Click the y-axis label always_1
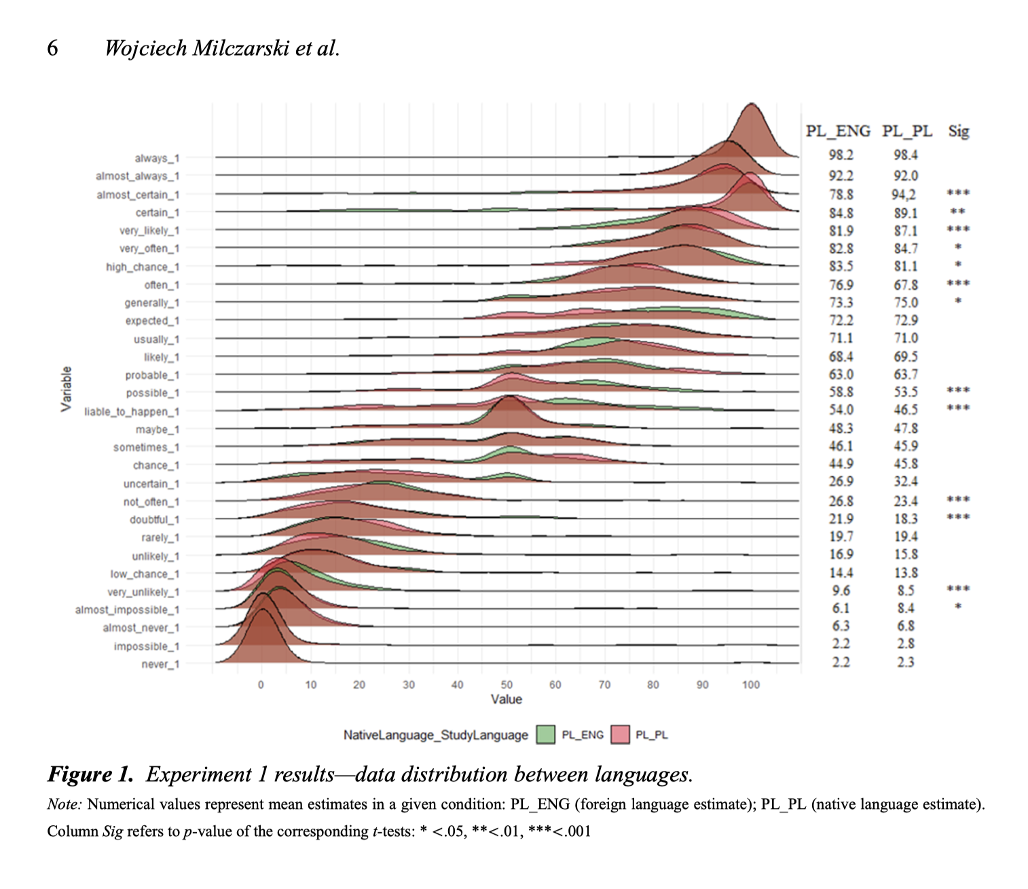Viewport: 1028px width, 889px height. click(157, 158)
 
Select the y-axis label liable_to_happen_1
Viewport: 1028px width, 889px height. click(132, 412)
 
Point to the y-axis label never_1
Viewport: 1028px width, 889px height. click(160, 664)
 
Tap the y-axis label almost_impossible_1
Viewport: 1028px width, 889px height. click(127, 610)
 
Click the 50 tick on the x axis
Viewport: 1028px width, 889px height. click(507, 685)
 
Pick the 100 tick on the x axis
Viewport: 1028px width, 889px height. click(750, 685)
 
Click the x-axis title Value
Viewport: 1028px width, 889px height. click(507, 700)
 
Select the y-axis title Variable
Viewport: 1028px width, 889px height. click(66, 389)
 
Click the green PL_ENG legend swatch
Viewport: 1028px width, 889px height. click(545, 735)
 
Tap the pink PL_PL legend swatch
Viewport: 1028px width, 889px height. click(620, 735)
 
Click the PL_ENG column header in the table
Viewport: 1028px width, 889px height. click(838, 131)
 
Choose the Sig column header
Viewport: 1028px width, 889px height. click(958, 131)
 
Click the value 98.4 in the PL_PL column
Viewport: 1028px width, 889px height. click(906, 155)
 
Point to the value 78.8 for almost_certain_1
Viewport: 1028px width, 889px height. click(841, 195)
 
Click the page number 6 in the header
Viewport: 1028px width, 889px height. click(52, 48)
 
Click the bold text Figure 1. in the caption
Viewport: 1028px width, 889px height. click(90, 774)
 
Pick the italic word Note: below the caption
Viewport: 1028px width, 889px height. click(65, 805)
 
